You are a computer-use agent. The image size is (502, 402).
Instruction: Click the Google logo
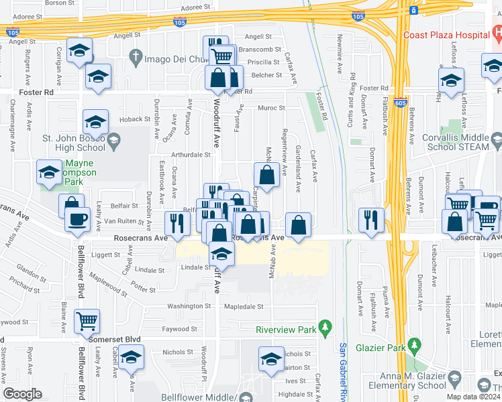tap(23, 394)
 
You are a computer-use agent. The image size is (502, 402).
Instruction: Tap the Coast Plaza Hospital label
tap(444, 36)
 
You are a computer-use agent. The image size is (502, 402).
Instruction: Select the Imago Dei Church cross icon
tap(136, 58)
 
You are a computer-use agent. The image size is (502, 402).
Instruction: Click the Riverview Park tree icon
tap(326, 328)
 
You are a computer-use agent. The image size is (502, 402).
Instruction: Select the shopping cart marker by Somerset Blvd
tap(87, 320)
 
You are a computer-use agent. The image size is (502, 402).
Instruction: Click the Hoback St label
tap(137, 119)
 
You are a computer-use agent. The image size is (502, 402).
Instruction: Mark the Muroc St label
tap(272, 107)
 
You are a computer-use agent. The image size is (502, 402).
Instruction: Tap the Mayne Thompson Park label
tap(79, 167)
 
